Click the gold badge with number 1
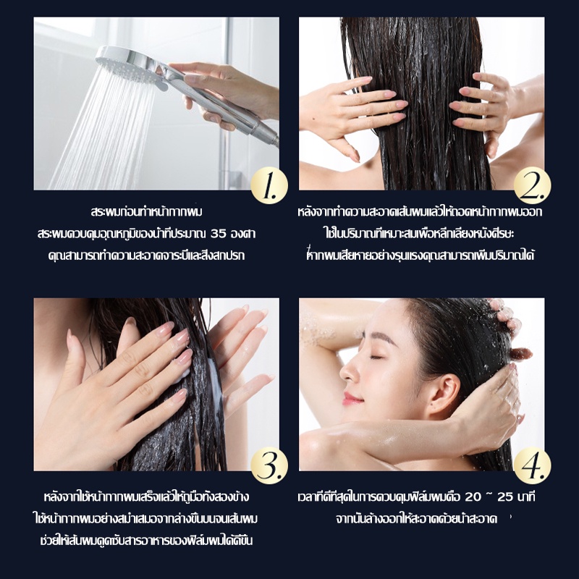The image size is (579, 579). tap(269, 185)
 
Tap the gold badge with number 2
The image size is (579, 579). tap(533, 185)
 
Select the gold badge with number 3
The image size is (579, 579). tap(269, 465)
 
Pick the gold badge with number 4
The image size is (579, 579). tap(533, 465)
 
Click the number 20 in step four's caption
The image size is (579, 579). tap(473, 496)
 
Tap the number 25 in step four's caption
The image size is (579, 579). tap(506, 496)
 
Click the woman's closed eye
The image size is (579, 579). tap(376, 357)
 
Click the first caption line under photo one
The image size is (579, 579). tap(147, 212)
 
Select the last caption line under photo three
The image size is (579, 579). tap(146, 541)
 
